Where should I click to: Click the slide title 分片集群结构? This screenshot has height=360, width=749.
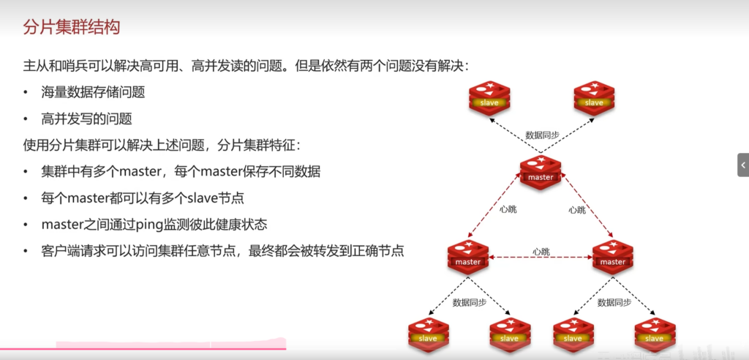tap(71, 29)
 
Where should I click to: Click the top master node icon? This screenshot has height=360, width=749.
tap(541, 173)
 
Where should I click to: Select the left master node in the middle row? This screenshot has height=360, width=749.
tap(468, 257)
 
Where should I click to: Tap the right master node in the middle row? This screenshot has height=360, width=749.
tap(613, 257)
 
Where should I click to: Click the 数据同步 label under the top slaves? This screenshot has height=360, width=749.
tap(542, 135)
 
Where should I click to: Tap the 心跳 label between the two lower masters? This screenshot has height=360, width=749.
tap(541, 252)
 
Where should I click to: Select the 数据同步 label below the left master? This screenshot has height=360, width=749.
tap(469, 302)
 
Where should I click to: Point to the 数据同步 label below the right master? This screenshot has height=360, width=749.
tap(614, 302)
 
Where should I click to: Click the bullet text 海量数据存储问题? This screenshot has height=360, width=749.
tap(93, 92)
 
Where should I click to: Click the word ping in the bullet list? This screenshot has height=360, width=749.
tap(146, 225)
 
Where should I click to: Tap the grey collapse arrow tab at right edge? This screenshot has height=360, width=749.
tap(742, 165)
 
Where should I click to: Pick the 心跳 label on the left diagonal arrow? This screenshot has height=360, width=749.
tap(508, 210)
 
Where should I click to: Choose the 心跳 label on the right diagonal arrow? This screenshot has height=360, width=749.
tap(577, 210)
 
